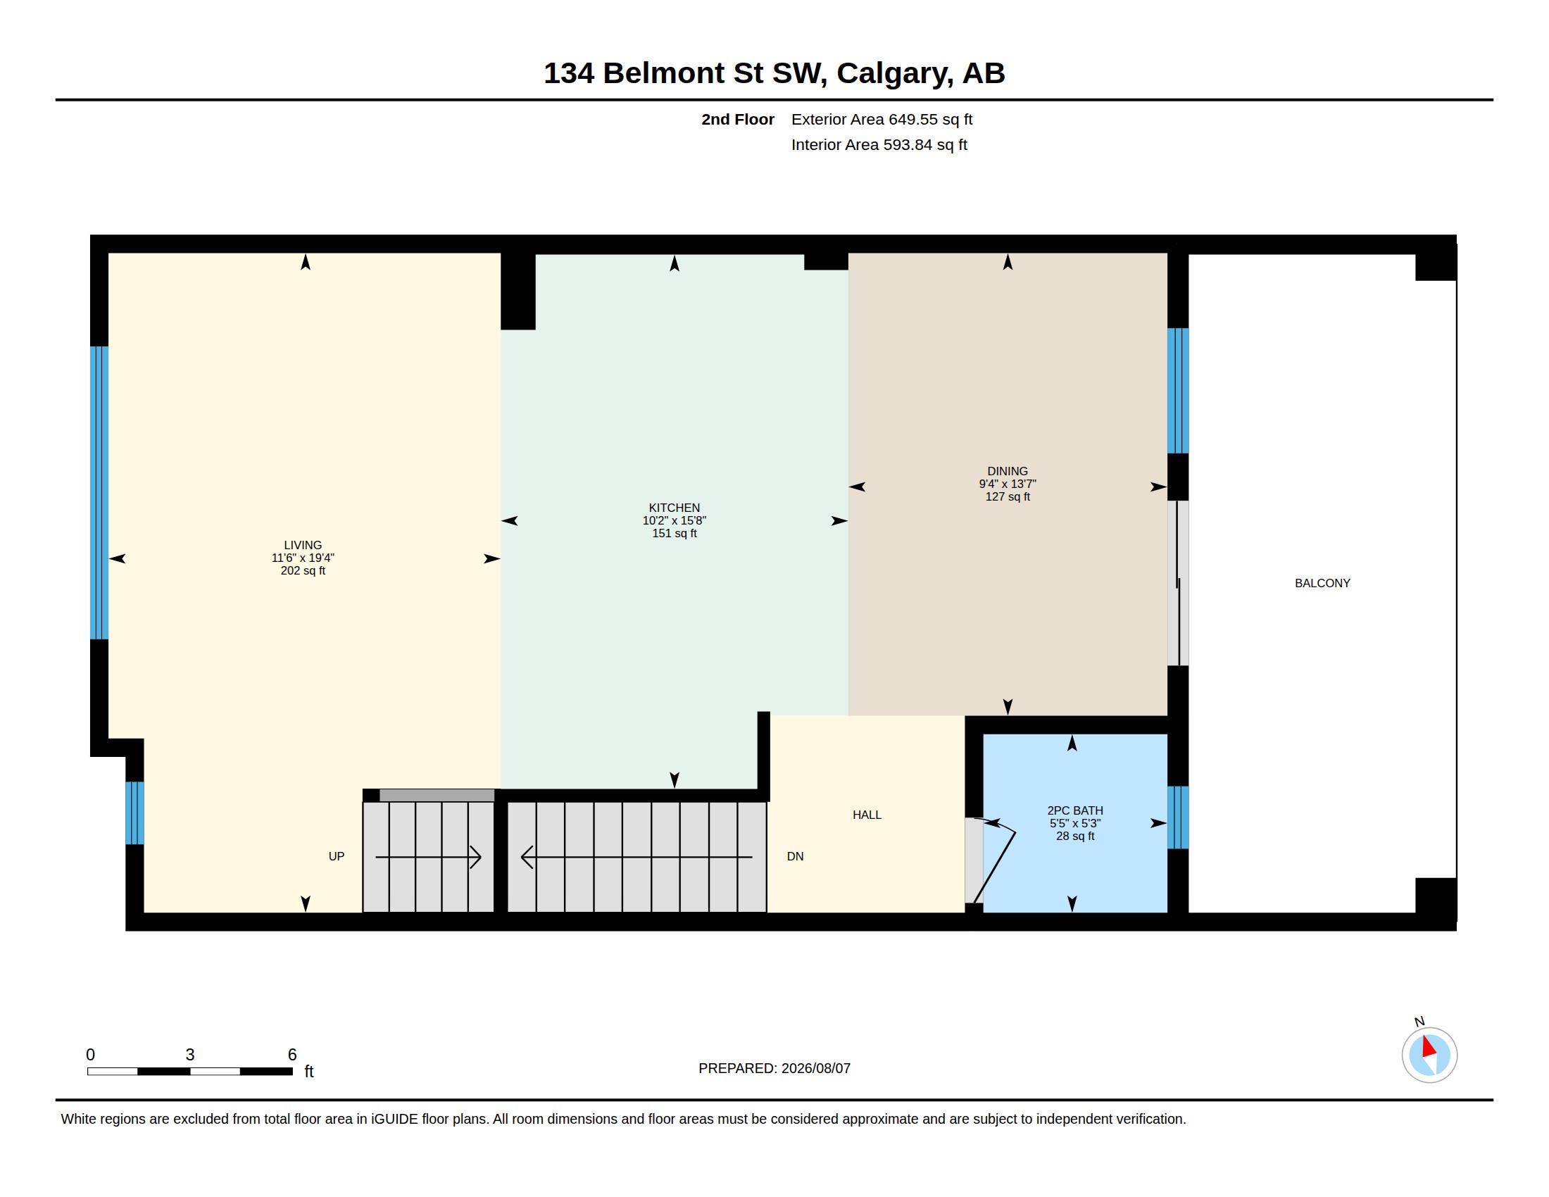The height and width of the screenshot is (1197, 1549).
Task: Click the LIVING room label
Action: coord(303,545)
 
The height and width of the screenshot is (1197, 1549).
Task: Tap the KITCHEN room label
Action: coord(674,508)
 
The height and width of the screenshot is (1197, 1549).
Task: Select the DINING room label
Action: coord(1007,471)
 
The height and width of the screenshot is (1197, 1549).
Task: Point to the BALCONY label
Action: coord(1322,583)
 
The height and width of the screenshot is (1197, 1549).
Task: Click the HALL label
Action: coord(867,815)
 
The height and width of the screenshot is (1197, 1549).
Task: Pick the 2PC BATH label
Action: coord(1074,810)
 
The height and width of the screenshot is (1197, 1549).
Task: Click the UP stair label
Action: coord(336,856)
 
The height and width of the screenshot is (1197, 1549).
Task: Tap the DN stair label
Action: coord(795,856)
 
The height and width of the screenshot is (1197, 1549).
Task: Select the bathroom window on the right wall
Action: coord(1178,817)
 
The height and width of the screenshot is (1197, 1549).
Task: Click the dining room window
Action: coord(1178,391)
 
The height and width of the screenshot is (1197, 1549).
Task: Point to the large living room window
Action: coord(99,493)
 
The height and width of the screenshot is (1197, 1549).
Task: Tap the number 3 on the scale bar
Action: coord(190,1055)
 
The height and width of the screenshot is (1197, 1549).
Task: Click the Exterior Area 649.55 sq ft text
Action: coord(882,119)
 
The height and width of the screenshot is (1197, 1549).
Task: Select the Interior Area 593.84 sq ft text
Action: coord(879,144)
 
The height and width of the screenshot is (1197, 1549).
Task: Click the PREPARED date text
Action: coord(774,1068)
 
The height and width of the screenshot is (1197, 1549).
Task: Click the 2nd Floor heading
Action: coord(738,119)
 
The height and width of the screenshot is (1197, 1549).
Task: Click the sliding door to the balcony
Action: coord(1178,583)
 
